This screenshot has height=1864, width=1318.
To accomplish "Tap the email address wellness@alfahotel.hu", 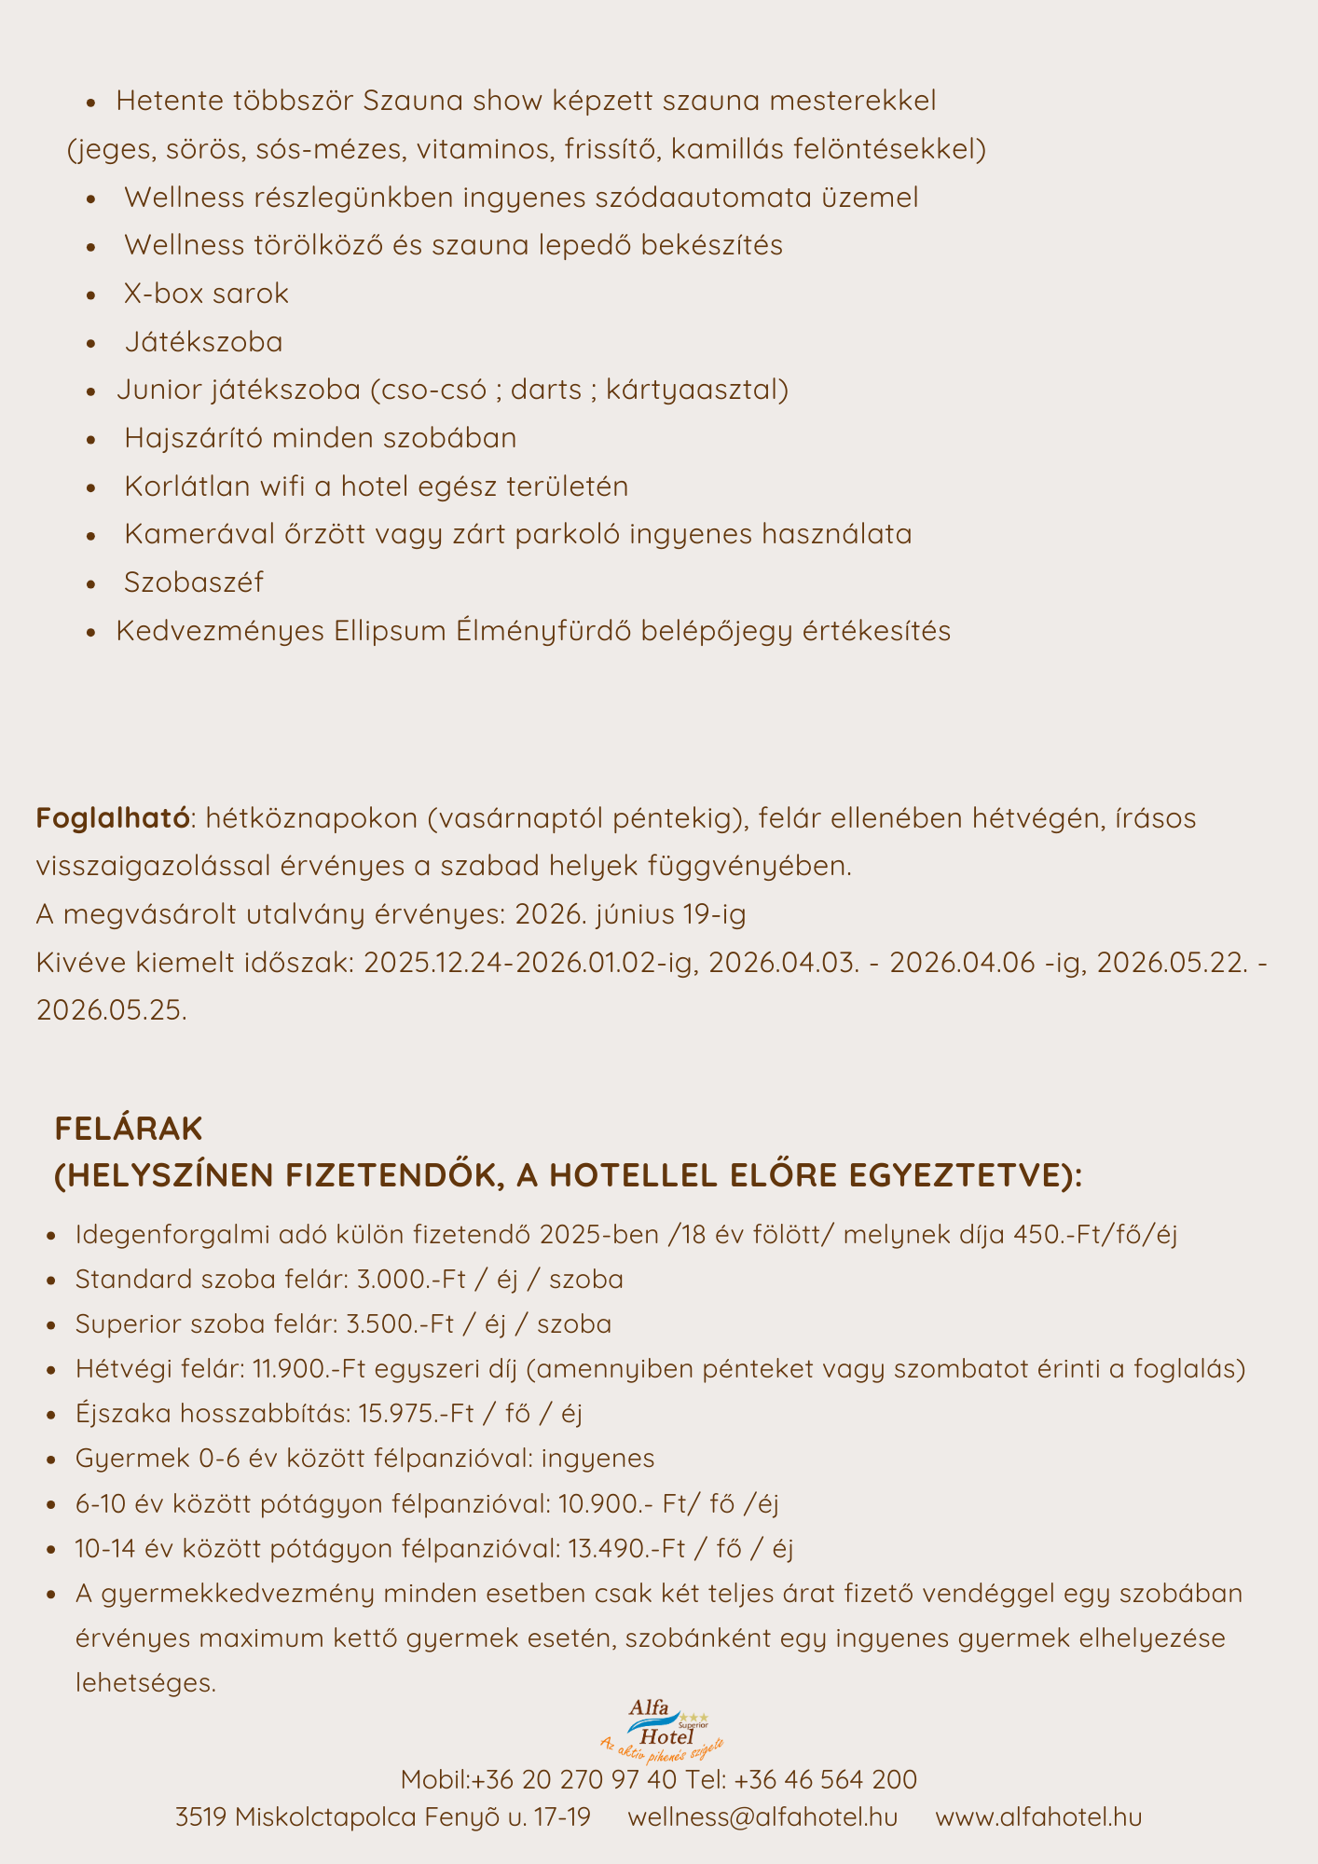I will pos(762,1817).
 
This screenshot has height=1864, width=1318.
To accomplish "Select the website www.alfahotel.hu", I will pos(1038,1817).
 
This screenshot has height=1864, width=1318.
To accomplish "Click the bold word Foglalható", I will pos(113,818).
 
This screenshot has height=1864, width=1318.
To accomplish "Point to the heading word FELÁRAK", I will pos(129,1129).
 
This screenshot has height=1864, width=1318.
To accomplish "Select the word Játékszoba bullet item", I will pos(203,342).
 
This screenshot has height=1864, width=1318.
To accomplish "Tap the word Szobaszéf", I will pos(194,582).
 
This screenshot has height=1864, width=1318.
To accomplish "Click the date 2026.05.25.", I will pos(112,1010).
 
